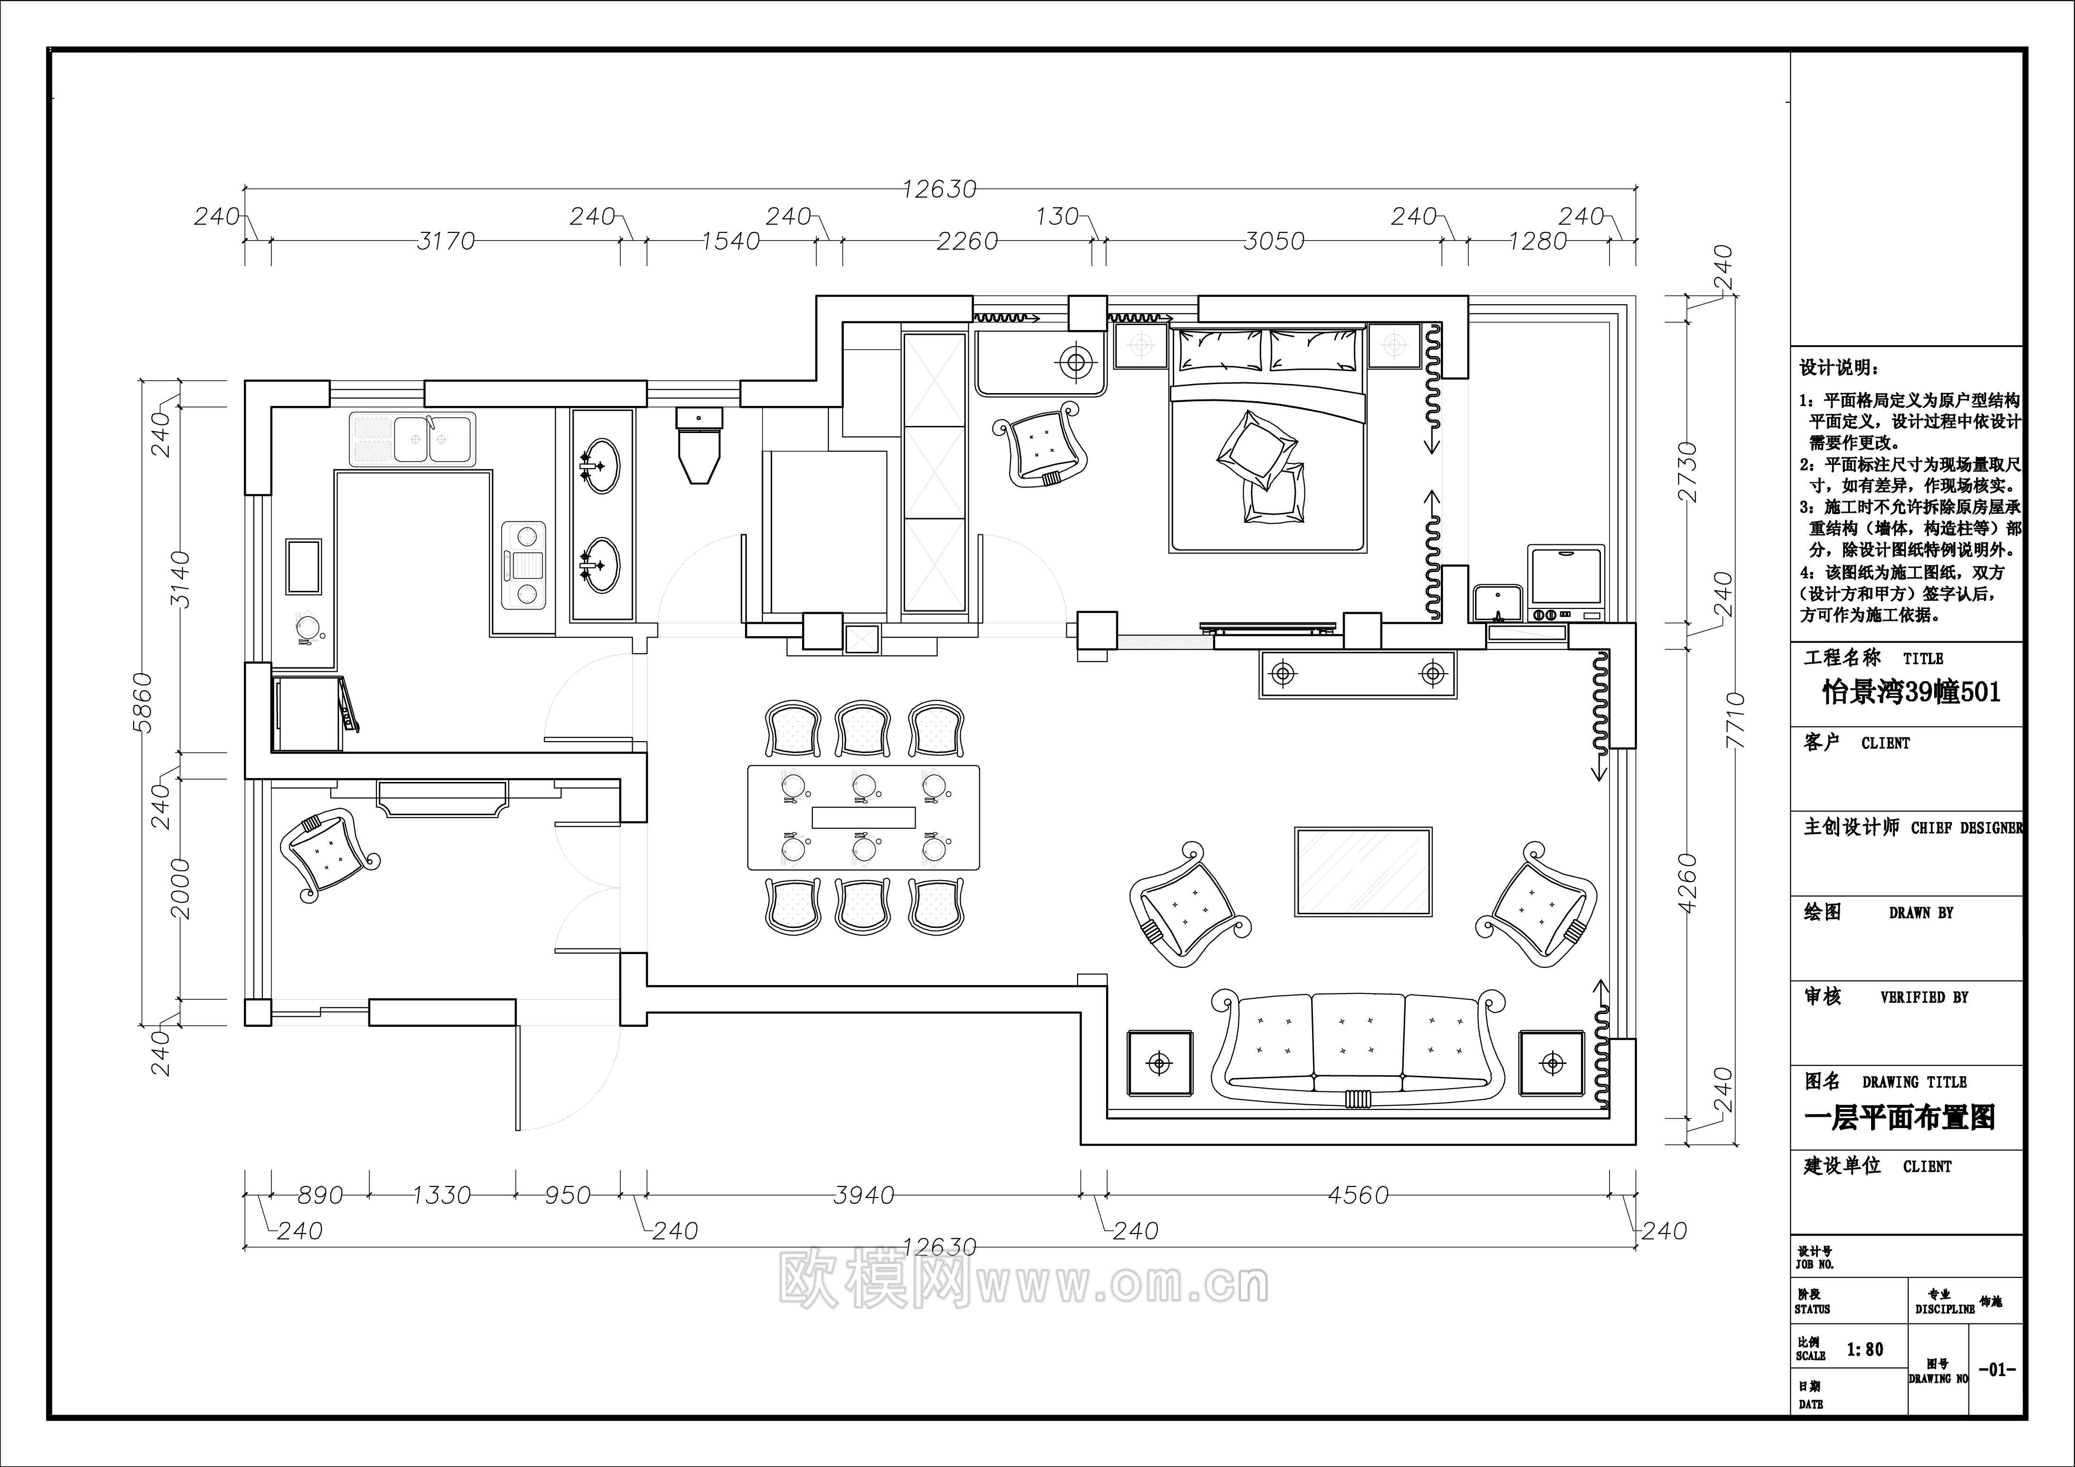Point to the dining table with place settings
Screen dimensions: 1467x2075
863,817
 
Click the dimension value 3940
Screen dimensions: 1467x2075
863,1195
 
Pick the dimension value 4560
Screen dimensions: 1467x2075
1358,1195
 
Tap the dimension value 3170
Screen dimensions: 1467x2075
445,241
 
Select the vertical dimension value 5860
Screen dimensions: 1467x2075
145,702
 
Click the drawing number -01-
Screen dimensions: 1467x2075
1997,1370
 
